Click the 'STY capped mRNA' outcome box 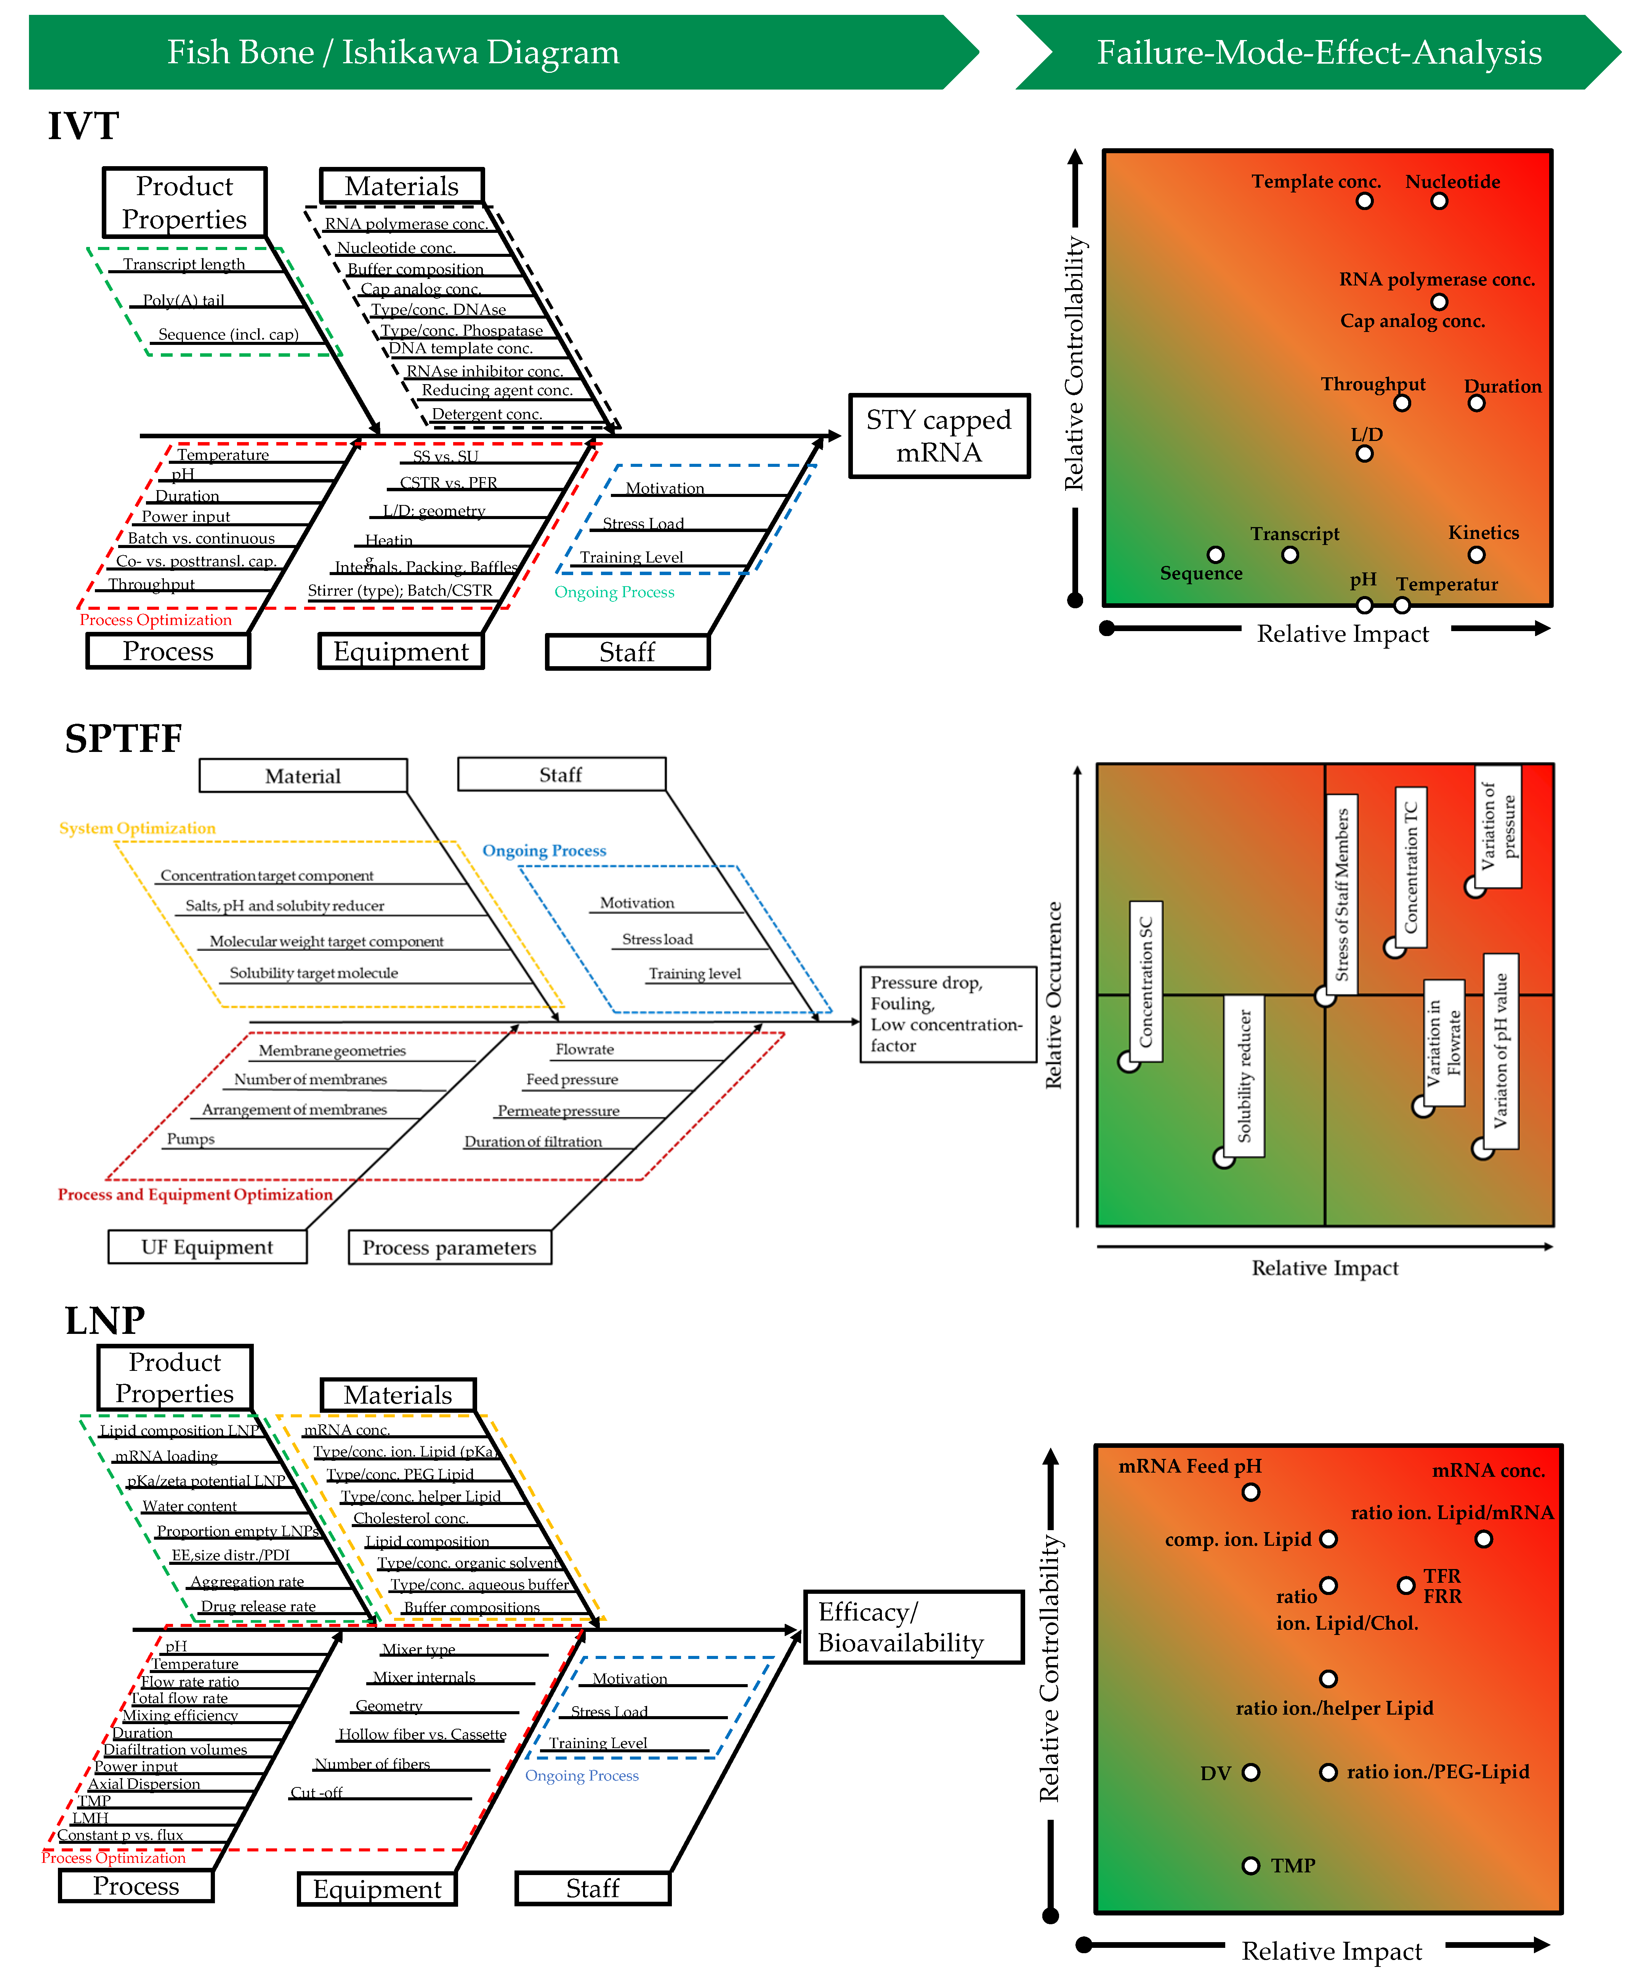coord(939,436)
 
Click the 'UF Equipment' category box coord(207,1247)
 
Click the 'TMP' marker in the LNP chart coord(1251,1865)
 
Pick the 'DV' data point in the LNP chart coord(1251,1772)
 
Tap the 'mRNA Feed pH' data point coord(1251,1492)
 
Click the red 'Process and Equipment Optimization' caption coord(196,1194)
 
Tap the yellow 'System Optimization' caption coord(137,828)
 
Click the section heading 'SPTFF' coord(123,739)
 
